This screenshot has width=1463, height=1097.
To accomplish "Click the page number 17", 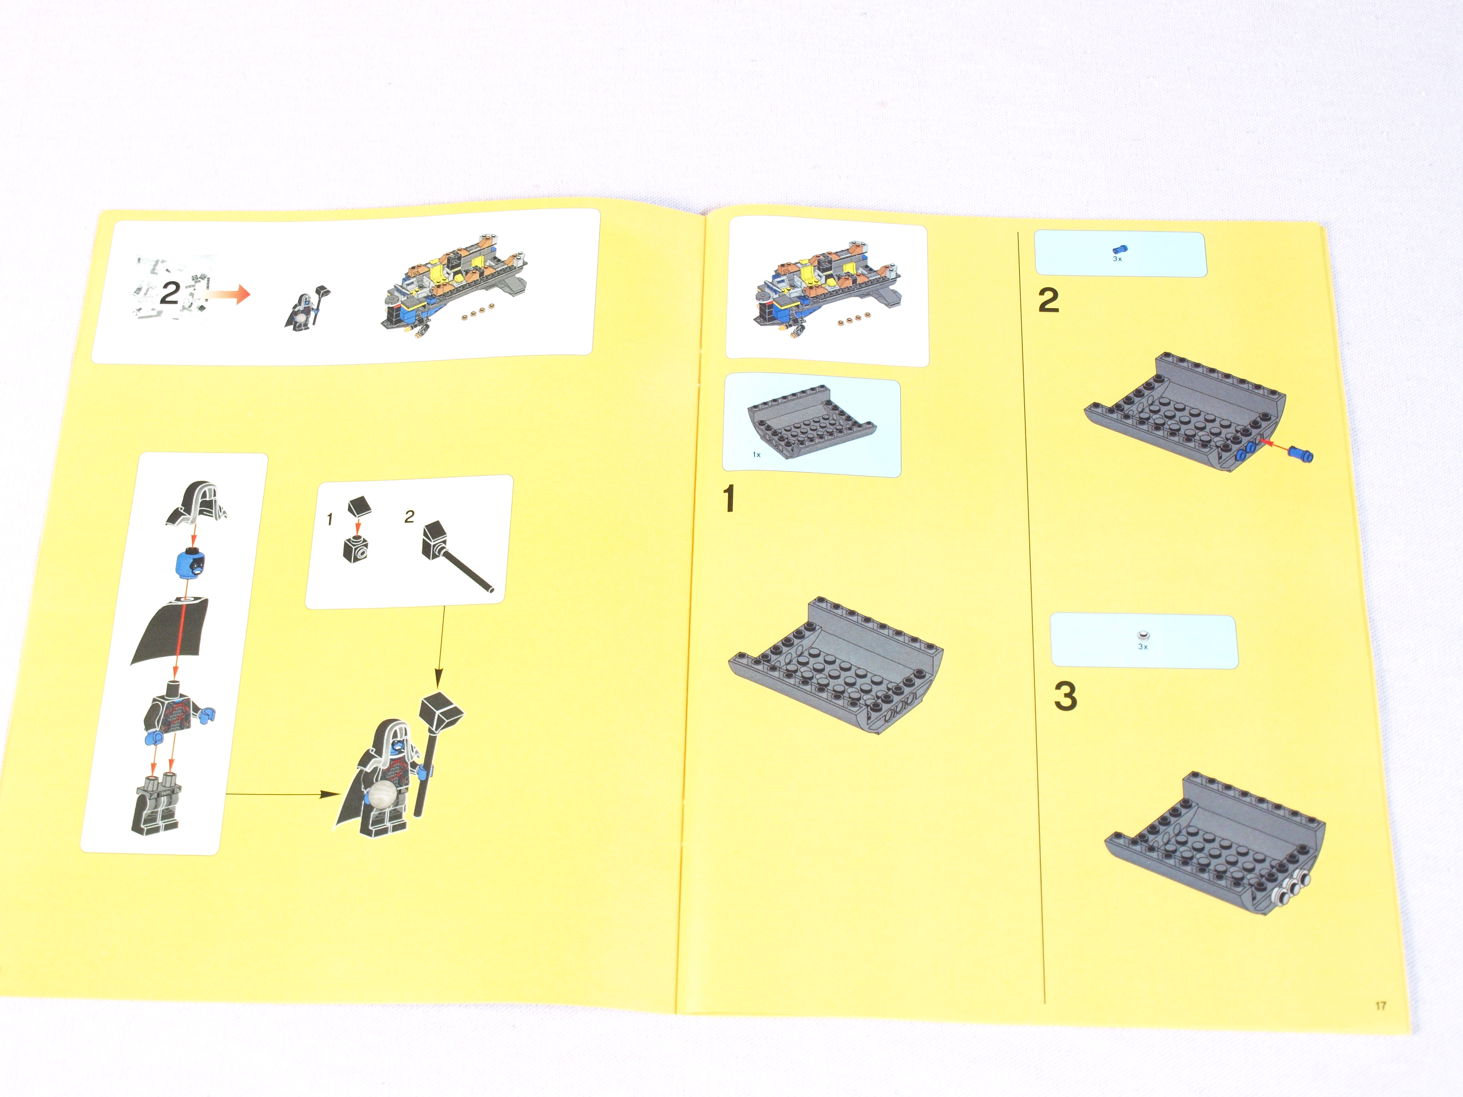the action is click(1380, 1006).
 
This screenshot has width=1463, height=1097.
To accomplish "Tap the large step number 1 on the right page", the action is click(729, 498).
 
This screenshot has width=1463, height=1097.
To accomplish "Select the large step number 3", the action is click(1065, 696).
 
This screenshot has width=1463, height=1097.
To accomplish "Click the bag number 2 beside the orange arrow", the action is click(170, 293).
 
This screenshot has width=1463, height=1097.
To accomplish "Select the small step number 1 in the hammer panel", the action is click(329, 520).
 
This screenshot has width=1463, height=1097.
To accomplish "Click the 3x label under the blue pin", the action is click(1117, 259).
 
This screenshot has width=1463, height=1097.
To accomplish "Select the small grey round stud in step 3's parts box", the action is click(1142, 636).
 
